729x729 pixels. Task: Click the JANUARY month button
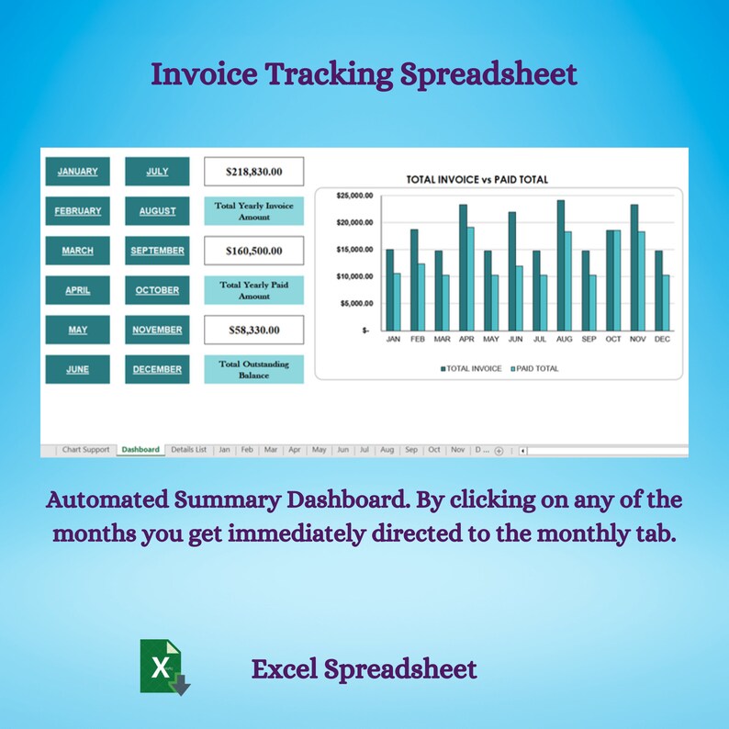78,172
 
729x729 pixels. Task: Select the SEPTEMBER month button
157,251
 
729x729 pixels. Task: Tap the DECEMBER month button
157,369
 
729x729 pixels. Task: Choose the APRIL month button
78,290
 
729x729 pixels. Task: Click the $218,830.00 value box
253,172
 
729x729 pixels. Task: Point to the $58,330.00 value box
253,330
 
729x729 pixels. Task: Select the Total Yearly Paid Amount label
253,290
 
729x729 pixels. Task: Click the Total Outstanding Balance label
253,369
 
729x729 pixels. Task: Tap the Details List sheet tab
188,450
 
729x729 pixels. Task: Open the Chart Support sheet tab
85,450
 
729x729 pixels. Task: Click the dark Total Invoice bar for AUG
560,265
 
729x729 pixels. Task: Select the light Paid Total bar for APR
471,279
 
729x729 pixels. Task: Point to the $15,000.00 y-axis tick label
355,250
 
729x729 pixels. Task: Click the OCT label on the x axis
613,339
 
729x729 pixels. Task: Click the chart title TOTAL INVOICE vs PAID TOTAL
477,180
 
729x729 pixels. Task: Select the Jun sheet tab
342,450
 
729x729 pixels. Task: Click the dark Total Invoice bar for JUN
511,271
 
